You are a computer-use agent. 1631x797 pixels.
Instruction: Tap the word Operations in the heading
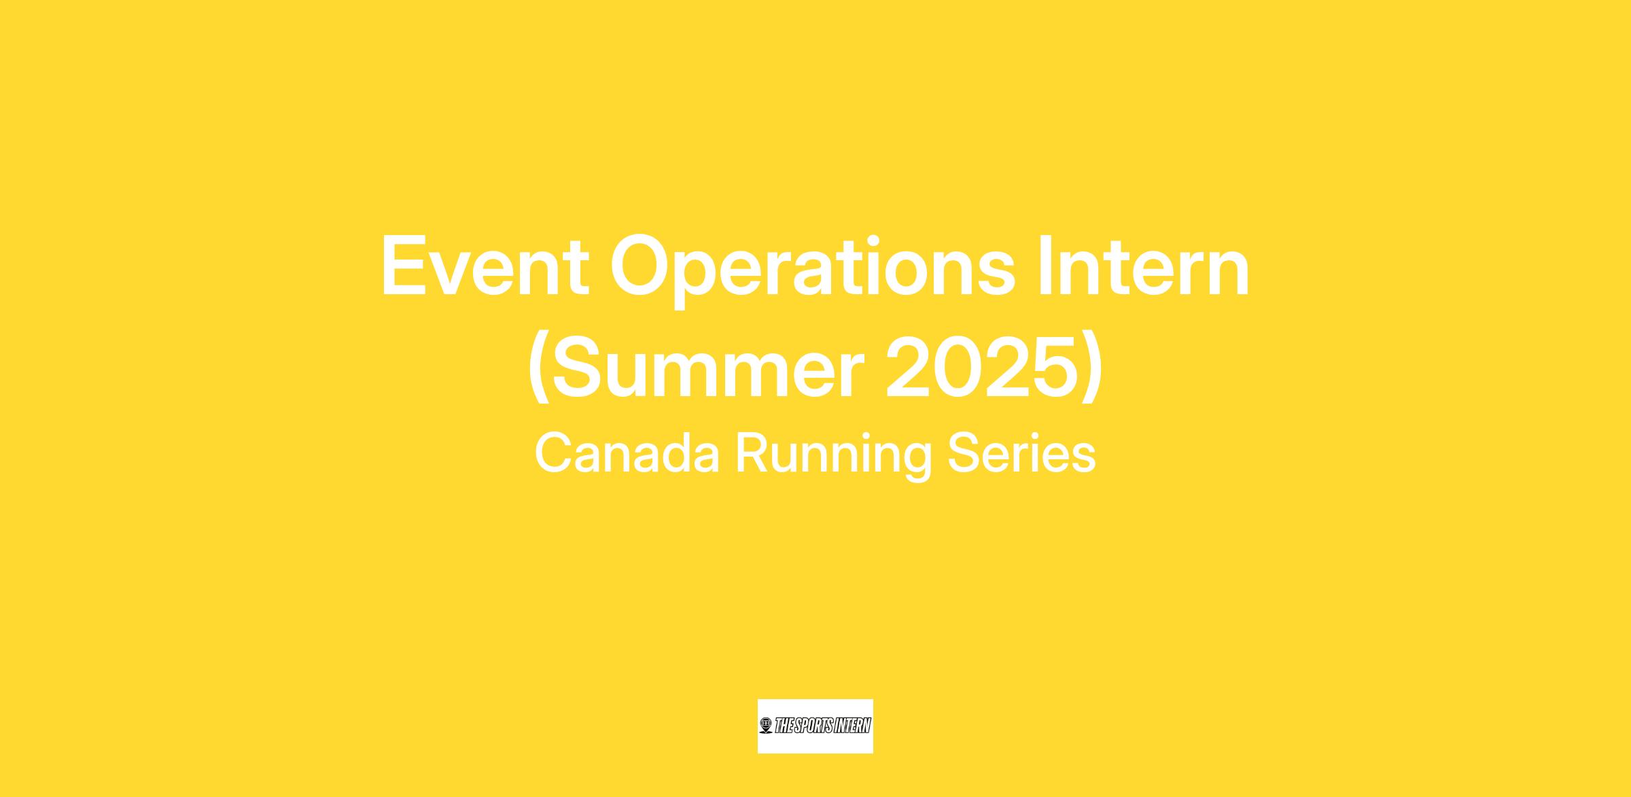(812, 270)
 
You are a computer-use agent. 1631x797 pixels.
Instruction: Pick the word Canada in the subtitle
(627, 453)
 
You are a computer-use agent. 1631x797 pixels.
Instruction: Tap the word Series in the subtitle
(1021, 453)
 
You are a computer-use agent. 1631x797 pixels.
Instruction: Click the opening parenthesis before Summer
(538, 370)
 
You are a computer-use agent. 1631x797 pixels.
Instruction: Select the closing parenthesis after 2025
(1090, 370)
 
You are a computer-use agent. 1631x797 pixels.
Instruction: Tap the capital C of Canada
(554, 453)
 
